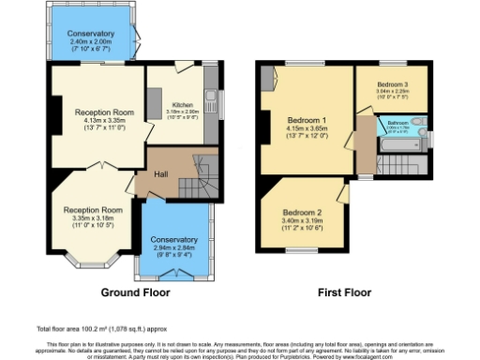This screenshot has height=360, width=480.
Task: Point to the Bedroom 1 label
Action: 306,121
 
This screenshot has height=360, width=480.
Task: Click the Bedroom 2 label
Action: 302,213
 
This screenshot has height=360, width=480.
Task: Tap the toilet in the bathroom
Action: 419,123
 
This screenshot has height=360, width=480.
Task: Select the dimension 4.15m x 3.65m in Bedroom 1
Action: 306,130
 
